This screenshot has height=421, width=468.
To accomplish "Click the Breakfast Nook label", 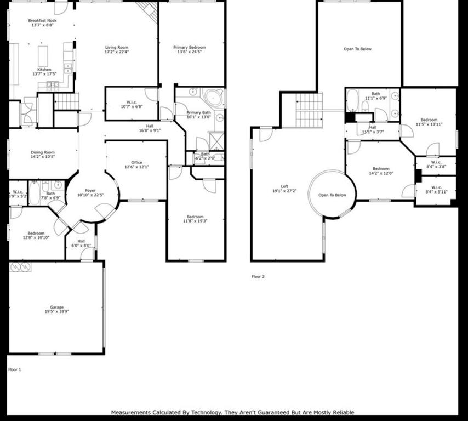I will coord(43,21).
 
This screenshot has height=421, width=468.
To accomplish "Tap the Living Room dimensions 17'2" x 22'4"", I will coord(117,53).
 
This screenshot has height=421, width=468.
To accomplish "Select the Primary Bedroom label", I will coord(189,48).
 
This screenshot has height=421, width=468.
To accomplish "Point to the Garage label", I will coord(56,307).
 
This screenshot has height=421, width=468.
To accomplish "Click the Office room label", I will coord(136,163).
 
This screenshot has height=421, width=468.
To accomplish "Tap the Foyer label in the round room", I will coord(90,190).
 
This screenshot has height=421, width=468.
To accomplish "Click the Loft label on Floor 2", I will coord(284,186).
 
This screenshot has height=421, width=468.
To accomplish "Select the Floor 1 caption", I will coord(14,369).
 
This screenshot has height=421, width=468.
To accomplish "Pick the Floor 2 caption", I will coord(258,277).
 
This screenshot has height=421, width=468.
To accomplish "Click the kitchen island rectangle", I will coord(43,56).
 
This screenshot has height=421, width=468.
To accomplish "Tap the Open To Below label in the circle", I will coord(332,195).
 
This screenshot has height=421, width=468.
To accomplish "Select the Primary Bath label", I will coord(198,112).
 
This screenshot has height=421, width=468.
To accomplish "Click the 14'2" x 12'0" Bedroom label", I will coord(381,169).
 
